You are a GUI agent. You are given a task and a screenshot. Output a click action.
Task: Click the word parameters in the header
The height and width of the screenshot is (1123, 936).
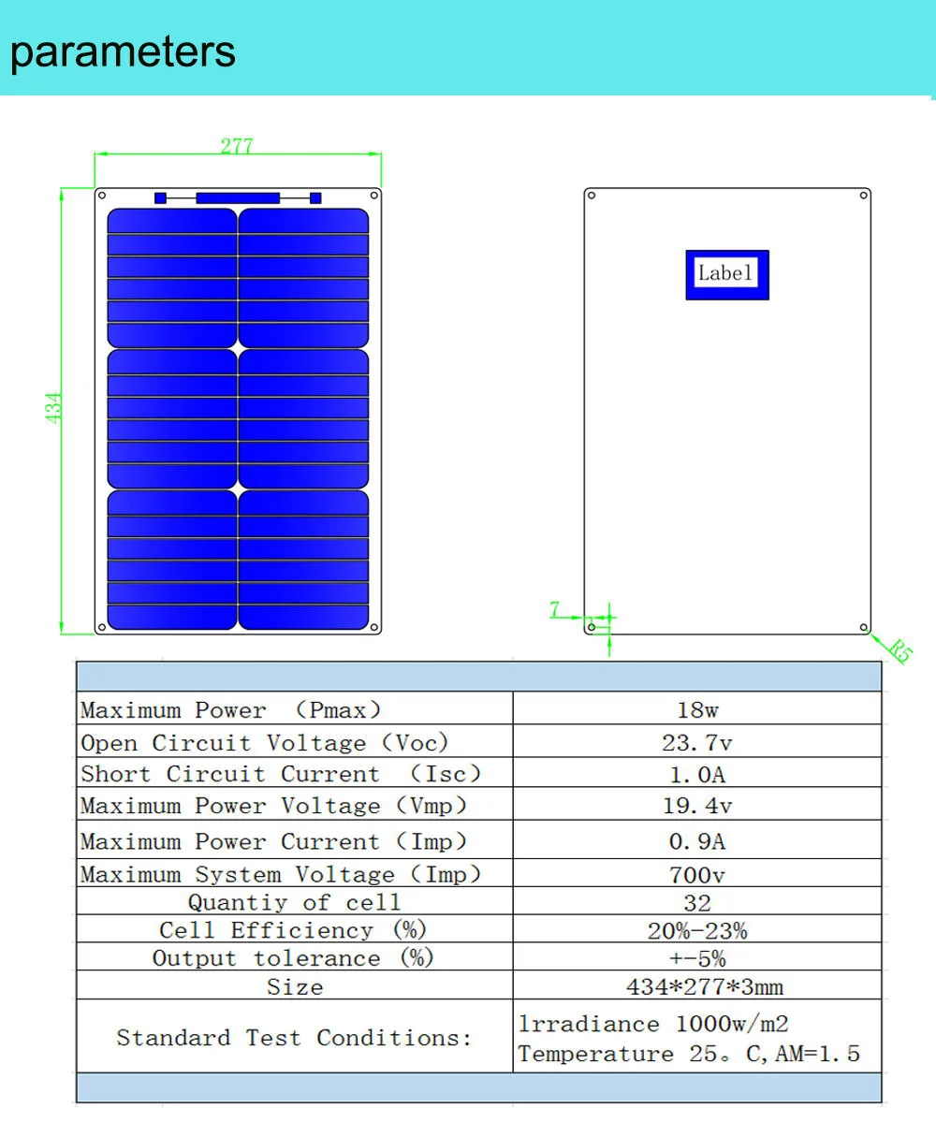(123, 53)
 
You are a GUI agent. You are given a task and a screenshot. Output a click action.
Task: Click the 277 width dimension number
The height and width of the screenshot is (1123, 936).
(237, 146)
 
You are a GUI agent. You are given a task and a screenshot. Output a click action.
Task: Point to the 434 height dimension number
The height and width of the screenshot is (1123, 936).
(53, 408)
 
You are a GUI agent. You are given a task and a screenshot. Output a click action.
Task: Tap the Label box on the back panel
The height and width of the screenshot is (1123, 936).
(727, 275)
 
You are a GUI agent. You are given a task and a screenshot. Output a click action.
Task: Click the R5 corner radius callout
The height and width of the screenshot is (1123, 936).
(900, 650)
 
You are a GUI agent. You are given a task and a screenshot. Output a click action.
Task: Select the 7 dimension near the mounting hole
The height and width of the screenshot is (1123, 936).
(555, 609)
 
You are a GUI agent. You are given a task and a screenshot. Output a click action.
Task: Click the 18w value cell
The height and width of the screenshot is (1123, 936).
(697, 710)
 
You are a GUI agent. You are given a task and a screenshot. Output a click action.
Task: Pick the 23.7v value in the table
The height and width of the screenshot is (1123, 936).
(697, 743)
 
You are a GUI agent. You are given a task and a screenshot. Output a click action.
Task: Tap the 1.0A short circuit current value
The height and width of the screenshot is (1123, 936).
(697, 775)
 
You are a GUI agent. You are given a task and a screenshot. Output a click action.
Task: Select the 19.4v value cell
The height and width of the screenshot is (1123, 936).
(697, 806)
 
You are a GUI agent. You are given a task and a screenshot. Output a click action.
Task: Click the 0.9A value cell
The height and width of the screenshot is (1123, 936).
(697, 841)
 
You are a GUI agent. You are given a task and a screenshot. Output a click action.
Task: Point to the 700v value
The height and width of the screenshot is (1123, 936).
(697, 875)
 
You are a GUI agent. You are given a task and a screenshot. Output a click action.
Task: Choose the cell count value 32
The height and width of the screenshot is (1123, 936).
(697, 903)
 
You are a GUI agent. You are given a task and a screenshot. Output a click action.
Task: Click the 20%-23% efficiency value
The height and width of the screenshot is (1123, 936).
(697, 931)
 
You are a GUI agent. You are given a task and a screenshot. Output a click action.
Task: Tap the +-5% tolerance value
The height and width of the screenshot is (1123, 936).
(697, 959)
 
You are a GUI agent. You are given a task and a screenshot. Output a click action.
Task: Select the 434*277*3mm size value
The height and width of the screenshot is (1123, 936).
(705, 987)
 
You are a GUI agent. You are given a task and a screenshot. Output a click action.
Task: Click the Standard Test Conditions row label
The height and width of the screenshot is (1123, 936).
(294, 1038)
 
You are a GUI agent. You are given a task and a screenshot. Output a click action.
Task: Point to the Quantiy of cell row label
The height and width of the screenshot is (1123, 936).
(294, 902)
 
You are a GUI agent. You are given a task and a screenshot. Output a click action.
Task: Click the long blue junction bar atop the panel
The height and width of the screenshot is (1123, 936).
(238, 197)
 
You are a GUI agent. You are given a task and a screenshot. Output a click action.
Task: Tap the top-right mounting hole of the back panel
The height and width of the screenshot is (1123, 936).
(863, 196)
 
